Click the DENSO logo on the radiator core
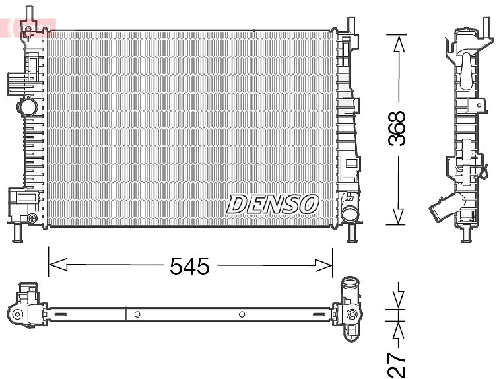tap(273, 204)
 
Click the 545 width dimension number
tap(189, 266)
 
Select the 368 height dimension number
tap(397, 129)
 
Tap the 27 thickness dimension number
tap(397, 364)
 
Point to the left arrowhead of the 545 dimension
tap(57, 265)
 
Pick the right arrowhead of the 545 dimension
tap(323, 265)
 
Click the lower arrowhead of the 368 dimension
tap(398, 217)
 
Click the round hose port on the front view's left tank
tap(28, 106)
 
